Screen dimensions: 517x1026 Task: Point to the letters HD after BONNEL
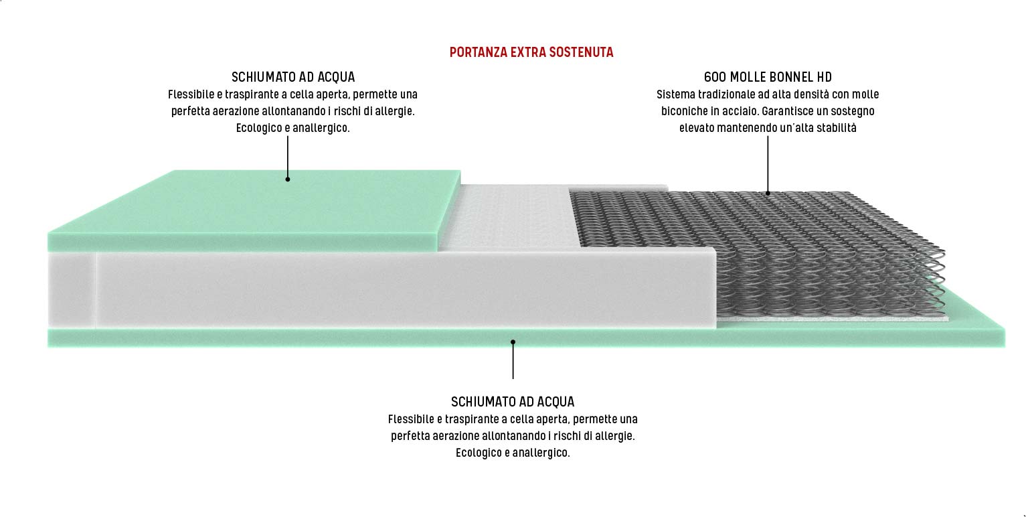824,77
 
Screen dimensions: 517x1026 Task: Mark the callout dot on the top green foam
287,179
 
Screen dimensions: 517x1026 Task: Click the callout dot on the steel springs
768,193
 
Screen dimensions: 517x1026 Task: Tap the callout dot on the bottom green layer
513,342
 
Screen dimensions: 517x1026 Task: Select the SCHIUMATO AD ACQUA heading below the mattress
513,402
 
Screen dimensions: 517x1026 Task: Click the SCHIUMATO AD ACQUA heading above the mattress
293,77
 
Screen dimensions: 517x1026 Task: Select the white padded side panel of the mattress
402,288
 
